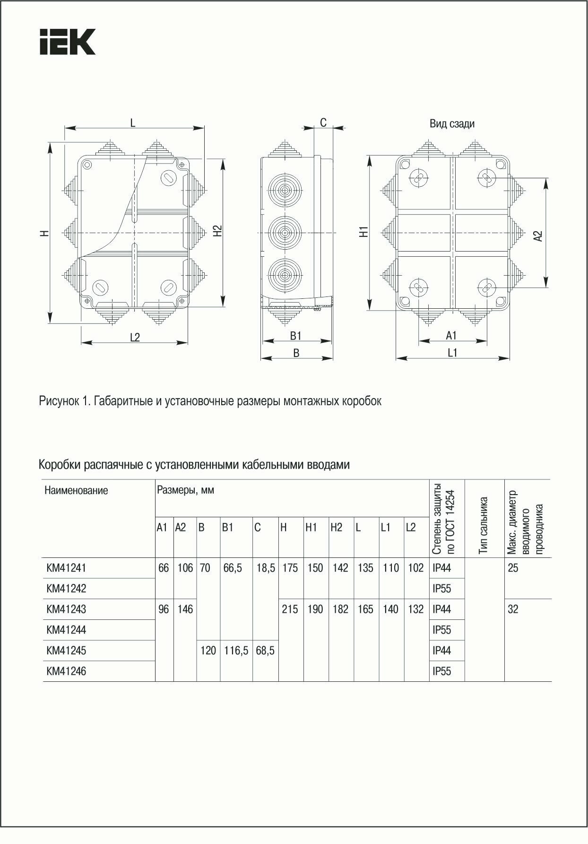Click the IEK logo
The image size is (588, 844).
click(x=67, y=42)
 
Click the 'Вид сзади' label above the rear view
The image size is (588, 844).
click(x=452, y=124)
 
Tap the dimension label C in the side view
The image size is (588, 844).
click(x=323, y=123)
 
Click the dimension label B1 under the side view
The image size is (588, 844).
click(x=296, y=336)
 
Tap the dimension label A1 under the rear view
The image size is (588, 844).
click(x=451, y=335)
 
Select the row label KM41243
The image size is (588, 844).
click(x=66, y=609)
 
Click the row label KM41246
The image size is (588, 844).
click(x=66, y=671)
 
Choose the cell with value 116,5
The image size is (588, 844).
click(x=236, y=651)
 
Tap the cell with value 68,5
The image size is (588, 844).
click(x=265, y=651)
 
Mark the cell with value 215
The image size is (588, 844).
click(x=290, y=609)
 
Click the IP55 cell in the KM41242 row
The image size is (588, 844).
click(x=442, y=589)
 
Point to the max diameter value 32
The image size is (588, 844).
click(x=513, y=609)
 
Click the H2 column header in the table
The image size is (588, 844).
click(x=336, y=528)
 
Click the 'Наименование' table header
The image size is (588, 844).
click(x=76, y=490)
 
